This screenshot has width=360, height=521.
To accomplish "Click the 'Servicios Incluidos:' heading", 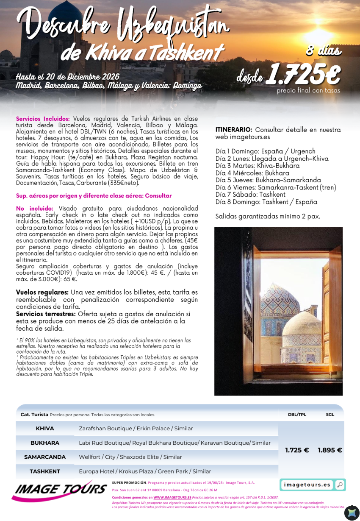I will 43,119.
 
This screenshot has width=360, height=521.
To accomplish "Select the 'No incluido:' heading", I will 35,209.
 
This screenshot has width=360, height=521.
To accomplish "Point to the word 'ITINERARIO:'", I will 234,130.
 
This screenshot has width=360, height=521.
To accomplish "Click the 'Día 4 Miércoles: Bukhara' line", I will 252,173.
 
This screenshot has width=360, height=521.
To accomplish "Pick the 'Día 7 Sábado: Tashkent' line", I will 250,195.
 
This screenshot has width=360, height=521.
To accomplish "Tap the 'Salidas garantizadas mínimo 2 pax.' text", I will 267,216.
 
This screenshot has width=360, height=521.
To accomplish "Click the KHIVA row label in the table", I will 45,429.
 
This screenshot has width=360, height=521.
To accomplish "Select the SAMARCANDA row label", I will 45,457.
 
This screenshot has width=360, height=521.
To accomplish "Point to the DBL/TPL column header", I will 296,415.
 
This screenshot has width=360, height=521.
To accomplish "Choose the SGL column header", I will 330,415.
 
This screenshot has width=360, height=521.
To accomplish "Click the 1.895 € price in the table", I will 330,450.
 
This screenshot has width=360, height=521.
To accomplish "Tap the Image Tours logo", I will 59,490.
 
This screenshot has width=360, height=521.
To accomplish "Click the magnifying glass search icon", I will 340,485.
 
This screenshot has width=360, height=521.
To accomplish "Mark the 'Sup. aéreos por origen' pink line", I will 94,196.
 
